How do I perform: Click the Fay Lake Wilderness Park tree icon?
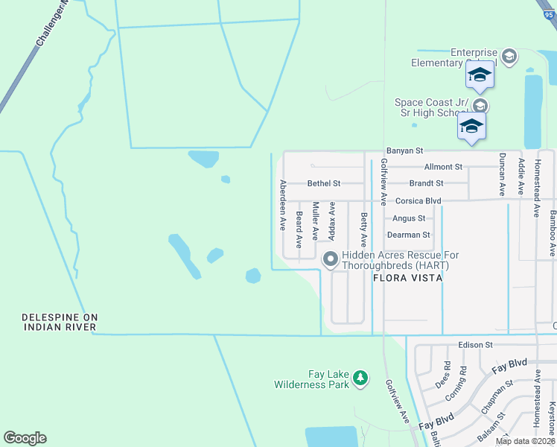360,378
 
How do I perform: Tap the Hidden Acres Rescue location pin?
331,259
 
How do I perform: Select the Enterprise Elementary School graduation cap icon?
509,57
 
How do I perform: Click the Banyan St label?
404,151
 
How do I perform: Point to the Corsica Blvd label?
418,201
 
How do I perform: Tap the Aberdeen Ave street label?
283,204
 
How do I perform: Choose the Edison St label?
476,345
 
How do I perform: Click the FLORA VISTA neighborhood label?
407,278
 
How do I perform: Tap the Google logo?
25,438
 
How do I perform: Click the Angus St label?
409,218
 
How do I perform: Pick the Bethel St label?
324,183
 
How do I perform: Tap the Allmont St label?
443,167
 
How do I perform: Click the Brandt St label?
426,183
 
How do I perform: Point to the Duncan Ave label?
503,174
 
